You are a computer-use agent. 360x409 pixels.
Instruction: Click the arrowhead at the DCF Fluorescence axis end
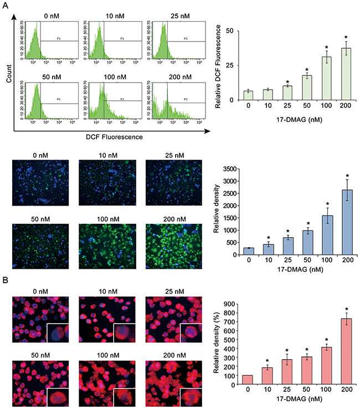[x=206, y=131]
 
